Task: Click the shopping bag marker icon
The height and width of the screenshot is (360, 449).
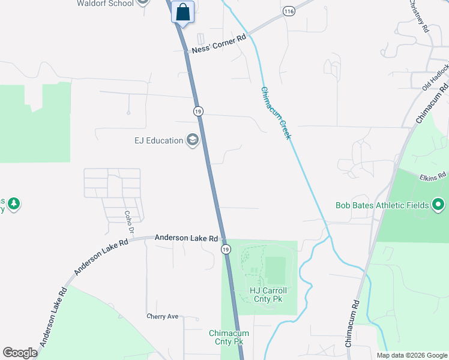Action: coord(183,12)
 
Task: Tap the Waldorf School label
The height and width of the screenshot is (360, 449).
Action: coord(104,3)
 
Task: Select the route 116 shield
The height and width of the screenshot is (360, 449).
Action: coord(289,11)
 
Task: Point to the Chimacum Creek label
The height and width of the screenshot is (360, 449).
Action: coord(276,113)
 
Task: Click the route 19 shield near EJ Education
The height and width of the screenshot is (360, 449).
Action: coord(198,111)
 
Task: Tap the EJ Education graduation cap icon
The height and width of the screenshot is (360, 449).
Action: coord(193,140)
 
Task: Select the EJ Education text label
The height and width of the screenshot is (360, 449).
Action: coord(158,140)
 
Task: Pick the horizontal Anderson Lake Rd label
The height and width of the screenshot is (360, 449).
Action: coord(186,238)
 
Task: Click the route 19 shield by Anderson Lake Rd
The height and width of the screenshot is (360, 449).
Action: coord(225,248)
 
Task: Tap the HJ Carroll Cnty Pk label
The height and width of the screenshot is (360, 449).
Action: coord(268,295)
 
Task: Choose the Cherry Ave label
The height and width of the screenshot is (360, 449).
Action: coord(163,316)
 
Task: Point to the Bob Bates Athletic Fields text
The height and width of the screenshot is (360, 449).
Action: coord(382,205)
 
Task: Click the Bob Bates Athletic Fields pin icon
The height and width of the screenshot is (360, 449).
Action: coord(438,205)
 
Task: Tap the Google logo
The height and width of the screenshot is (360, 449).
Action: coord(20,353)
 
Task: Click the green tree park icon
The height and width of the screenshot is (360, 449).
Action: coord(13,204)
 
